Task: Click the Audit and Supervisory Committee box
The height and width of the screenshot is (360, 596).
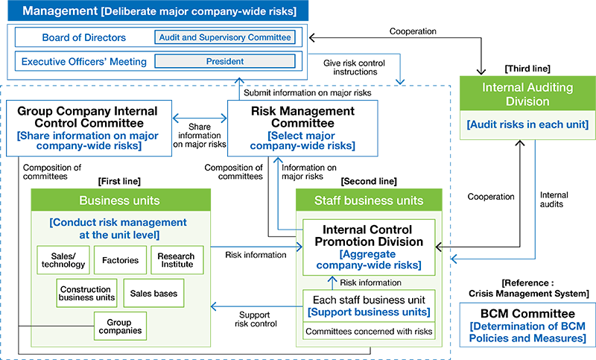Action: pyautogui.click(x=224, y=37)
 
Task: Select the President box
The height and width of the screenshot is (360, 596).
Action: pyautogui.click(x=224, y=61)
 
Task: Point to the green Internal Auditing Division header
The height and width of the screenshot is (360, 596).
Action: pyautogui.click(x=528, y=94)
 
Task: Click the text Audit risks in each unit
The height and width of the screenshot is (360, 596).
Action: pyautogui.click(x=528, y=124)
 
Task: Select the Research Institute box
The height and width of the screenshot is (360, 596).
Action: pyautogui.click(x=177, y=259)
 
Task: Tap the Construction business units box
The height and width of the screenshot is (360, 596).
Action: pyautogui.click(x=87, y=293)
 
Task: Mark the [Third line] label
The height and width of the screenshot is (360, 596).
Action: pyautogui.click(x=527, y=69)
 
